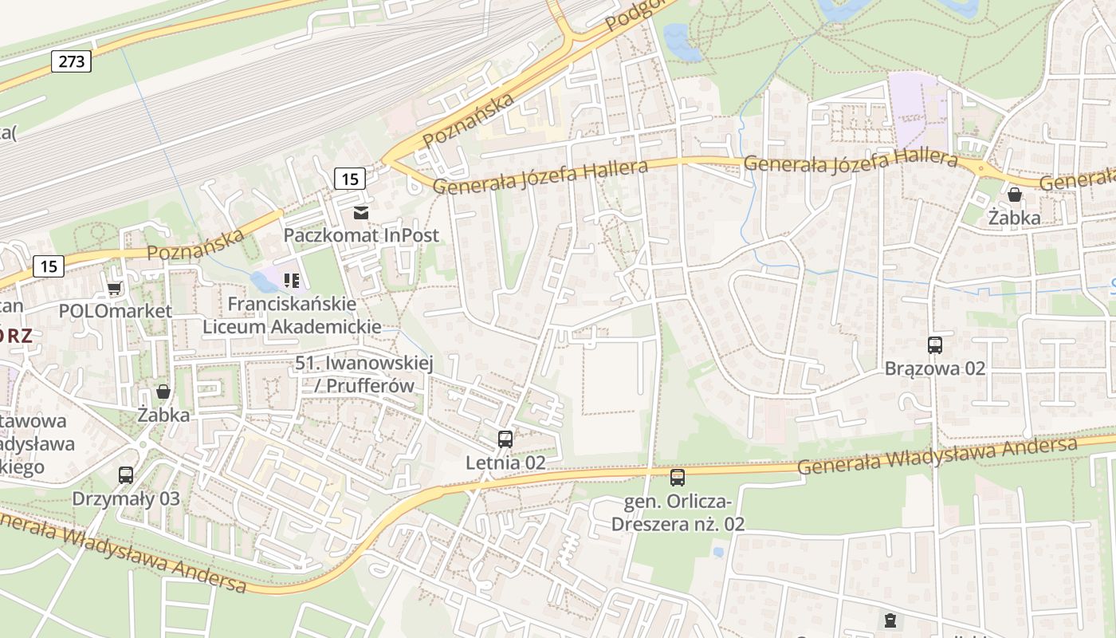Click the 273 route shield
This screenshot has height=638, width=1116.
(x=71, y=61)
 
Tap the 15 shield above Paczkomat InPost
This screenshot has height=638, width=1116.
(x=350, y=179)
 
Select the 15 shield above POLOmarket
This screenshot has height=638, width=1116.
(x=49, y=266)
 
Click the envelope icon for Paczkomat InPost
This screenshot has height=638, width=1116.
(x=361, y=212)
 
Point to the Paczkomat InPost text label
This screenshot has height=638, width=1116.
(x=361, y=236)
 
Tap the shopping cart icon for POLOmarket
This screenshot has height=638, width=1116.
(x=115, y=288)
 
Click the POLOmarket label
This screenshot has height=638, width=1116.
(x=116, y=311)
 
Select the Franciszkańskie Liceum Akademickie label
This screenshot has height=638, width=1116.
(x=292, y=315)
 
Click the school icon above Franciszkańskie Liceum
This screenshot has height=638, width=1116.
(x=292, y=280)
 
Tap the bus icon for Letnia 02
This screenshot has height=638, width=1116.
(x=505, y=439)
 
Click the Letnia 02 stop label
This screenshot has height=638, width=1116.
(x=505, y=463)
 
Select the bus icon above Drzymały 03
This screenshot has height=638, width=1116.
(x=126, y=475)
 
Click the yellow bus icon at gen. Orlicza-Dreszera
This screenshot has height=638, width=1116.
(x=678, y=478)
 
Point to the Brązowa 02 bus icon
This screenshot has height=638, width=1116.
(x=935, y=345)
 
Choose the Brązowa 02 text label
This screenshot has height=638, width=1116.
(x=935, y=368)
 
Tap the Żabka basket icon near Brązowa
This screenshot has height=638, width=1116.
(x=1015, y=195)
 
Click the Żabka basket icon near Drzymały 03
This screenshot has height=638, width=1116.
(x=163, y=392)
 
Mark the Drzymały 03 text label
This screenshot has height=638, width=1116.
(x=126, y=499)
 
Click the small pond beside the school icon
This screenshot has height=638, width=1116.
(x=261, y=281)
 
